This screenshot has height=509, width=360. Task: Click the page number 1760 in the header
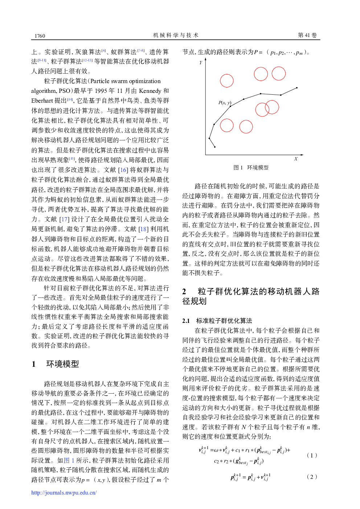[x=40, y=36]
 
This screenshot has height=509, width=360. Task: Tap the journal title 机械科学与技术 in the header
[x=176, y=35]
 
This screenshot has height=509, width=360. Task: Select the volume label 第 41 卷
[x=307, y=35]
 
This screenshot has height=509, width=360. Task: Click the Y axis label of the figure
[x=201, y=63]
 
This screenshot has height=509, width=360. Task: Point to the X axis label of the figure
[x=296, y=159]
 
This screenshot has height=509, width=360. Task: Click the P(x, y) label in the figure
[x=225, y=103]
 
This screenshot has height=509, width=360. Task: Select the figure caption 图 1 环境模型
[x=251, y=168]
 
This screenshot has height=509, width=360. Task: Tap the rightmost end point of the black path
[x=297, y=88]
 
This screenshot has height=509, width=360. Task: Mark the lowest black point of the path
[x=215, y=147]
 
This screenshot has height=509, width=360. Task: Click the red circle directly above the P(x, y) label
[x=227, y=81]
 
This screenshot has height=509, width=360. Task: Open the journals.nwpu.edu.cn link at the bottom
[x=64, y=493]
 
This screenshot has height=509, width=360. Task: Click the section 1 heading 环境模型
[x=62, y=364]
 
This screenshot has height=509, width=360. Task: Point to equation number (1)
[x=312, y=455]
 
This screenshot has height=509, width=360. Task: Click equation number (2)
[x=312, y=477]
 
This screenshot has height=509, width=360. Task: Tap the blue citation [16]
[x=123, y=170]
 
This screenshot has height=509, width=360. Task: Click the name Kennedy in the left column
[x=150, y=91]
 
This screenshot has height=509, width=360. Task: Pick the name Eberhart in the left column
[x=42, y=100]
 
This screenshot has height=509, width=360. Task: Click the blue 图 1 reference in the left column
[x=69, y=460]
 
